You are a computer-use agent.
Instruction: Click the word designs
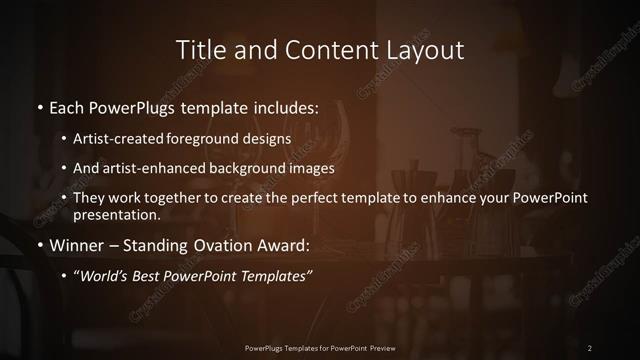[269, 139]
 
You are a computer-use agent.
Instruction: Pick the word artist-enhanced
[148, 168]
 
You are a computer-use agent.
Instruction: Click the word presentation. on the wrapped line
[117, 214]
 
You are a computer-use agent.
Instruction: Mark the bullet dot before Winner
[39, 246]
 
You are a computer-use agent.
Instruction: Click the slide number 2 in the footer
[590, 347]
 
